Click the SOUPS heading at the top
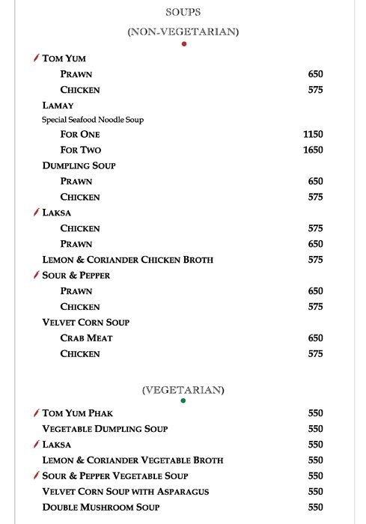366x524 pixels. pyautogui.click(x=183, y=13)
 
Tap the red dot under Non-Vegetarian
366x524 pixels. pyautogui.click(x=183, y=43)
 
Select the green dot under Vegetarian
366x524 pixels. pyautogui.click(x=183, y=400)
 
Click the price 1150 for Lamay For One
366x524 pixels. pyautogui.click(x=313, y=134)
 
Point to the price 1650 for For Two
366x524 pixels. pyautogui.click(x=313, y=150)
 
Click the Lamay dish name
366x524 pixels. pyautogui.click(x=58, y=106)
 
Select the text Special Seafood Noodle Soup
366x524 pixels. pyautogui.click(x=93, y=120)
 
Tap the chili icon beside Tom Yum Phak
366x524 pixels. pyautogui.click(x=36, y=412)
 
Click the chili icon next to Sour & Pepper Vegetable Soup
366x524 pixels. pyautogui.click(x=36, y=475)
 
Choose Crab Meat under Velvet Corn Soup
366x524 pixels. pyautogui.click(x=86, y=338)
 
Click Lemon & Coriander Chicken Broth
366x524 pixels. pyautogui.click(x=128, y=260)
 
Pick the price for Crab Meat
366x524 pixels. pyautogui.click(x=315, y=338)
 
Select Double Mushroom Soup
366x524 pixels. pyautogui.click(x=101, y=508)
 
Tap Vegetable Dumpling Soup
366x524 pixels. pyautogui.click(x=105, y=429)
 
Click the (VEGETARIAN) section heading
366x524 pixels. pyautogui.click(x=183, y=390)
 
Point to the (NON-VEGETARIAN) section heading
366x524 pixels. pyautogui.click(x=183, y=31)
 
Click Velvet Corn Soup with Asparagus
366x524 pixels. pyautogui.click(x=126, y=492)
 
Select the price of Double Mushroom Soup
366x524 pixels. pyautogui.click(x=315, y=508)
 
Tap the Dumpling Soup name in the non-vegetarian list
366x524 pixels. pyautogui.click(x=79, y=165)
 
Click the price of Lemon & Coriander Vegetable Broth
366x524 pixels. pyautogui.click(x=315, y=460)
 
